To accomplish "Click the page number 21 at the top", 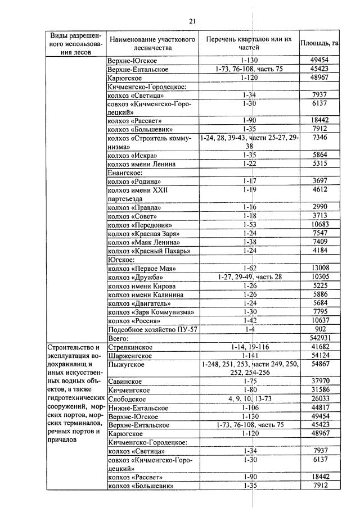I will coord(192,21).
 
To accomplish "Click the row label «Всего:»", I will coord(119,338).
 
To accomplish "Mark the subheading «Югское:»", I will coord(121,260).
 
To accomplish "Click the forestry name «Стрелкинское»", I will coord(129,347).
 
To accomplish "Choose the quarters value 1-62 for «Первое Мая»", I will coord(249,269).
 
